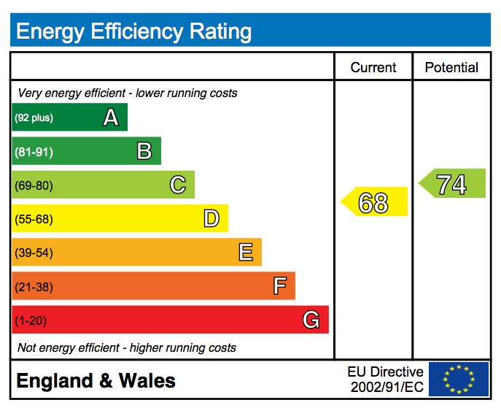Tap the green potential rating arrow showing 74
(452, 184)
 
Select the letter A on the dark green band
(110, 118)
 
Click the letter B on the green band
(144, 151)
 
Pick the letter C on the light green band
(178, 185)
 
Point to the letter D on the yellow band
(211, 218)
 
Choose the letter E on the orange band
(246, 253)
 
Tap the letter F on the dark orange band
(279, 286)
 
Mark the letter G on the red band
(311, 320)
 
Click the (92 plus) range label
(34, 118)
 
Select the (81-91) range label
(34, 152)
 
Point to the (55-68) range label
(34, 219)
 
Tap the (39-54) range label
(34, 253)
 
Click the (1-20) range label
(31, 320)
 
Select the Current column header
(373, 68)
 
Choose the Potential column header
(451, 68)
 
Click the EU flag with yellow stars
(459, 380)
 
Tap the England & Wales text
(96, 380)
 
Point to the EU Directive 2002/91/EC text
(386, 380)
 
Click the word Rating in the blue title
(220, 31)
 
